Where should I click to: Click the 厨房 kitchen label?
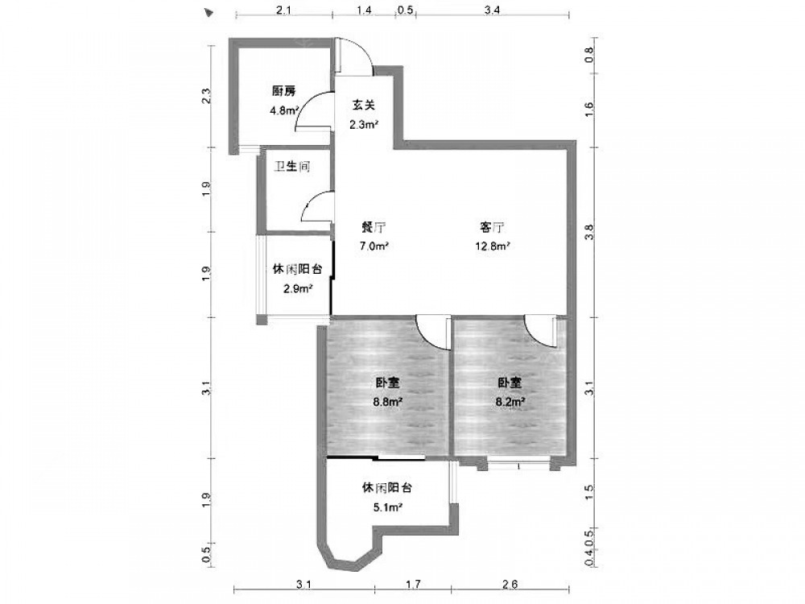[284, 92]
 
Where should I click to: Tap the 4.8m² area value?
[284, 110]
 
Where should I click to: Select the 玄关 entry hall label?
[363, 105]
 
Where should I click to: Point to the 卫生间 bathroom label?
[292, 167]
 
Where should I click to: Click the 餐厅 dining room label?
[374, 227]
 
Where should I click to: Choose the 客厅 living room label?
[492, 227]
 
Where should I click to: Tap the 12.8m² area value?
[493, 246]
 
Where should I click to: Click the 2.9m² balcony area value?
[299, 288]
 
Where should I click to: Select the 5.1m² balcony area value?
[387, 507]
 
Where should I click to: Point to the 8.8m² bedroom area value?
[388, 402]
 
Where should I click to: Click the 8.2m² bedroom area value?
[510, 402]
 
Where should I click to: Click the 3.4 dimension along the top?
[492, 10]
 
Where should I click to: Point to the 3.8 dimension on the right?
[589, 232]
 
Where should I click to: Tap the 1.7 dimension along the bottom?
[413, 584]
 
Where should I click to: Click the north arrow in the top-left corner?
[208, 12]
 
